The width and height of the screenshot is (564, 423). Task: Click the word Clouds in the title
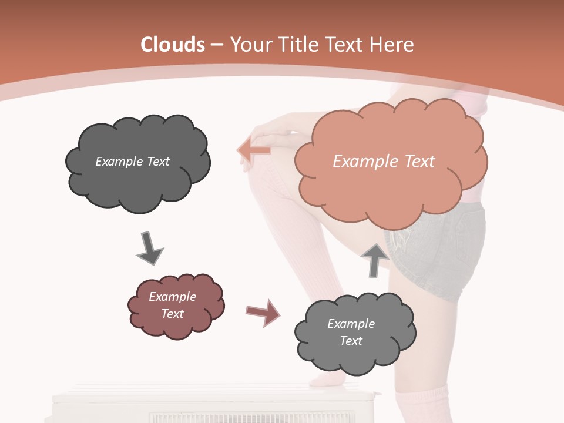tap(173, 45)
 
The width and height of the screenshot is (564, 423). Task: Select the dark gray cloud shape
tap(137, 163)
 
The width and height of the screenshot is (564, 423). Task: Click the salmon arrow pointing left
tap(254, 150)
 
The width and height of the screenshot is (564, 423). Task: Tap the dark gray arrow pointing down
tap(149, 248)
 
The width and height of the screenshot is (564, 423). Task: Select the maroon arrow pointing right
tap(263, 312)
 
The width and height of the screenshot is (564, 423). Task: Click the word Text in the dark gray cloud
tap(157, 162)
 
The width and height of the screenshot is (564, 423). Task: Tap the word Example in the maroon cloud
tap(172, 297)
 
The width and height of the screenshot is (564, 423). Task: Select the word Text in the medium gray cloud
tap(351, 341)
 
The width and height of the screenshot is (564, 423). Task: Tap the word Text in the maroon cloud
tap(172, 314)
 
